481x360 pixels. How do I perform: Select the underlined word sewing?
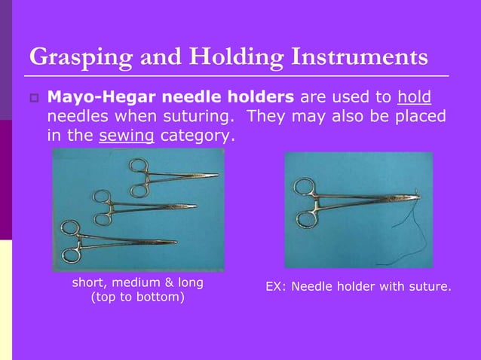click(127, 136)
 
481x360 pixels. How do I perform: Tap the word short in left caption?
click(89, 282)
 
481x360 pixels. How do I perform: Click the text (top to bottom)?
click(137, 298)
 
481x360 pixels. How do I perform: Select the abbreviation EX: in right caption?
click(276, 286)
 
